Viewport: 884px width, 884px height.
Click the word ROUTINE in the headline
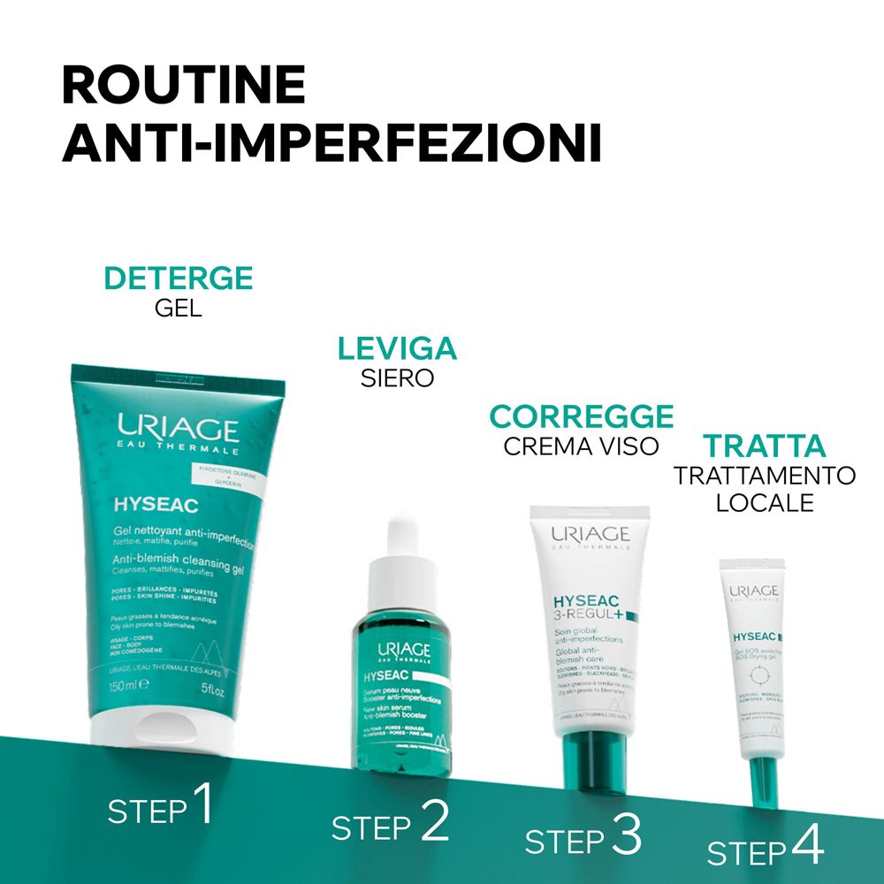[184, 86]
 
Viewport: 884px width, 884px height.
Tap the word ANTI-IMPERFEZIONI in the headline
[331, 143]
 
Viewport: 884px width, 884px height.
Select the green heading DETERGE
[179, 278]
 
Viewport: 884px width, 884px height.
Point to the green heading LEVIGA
[397, 348]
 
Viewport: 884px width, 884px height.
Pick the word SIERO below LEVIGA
[397, 378]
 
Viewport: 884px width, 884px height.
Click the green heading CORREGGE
[582, 415]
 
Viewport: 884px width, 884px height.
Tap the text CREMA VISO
[582, 446]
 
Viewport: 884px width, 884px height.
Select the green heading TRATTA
[764, 445]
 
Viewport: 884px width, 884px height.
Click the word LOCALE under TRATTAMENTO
[764, 503]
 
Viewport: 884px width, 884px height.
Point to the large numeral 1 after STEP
[202, 804]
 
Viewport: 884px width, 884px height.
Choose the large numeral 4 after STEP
[806, 846]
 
